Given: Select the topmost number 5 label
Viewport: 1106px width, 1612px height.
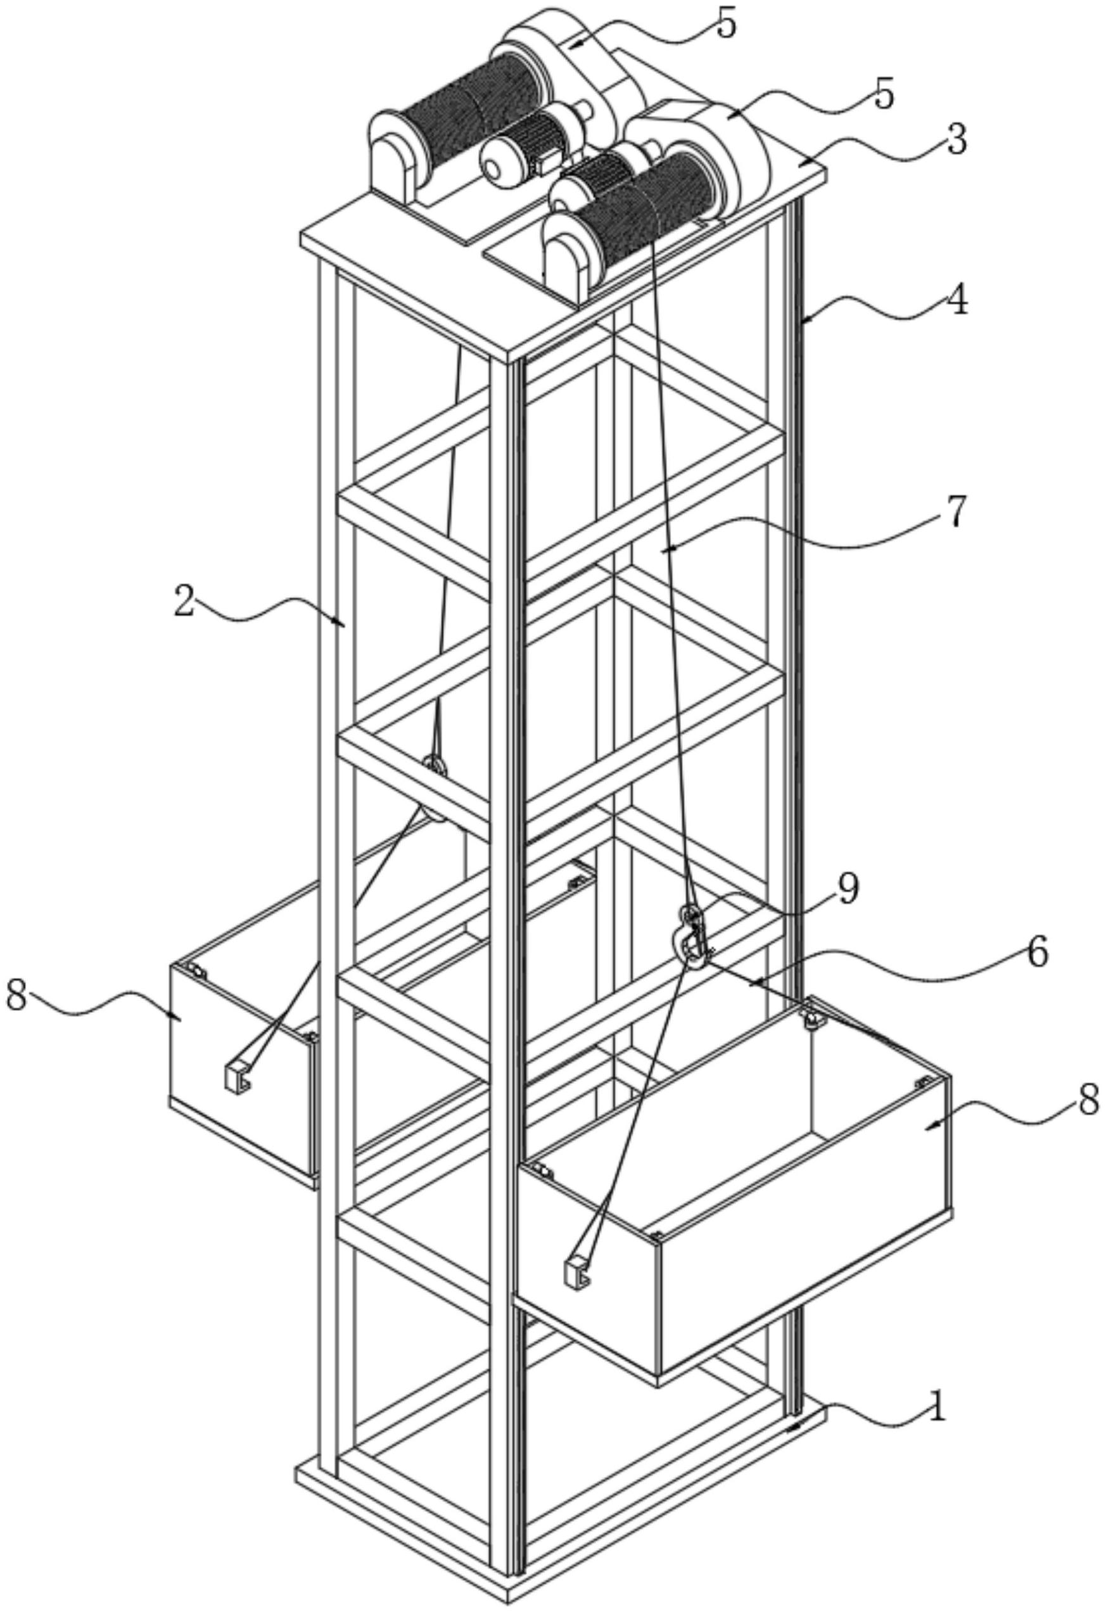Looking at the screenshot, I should tap(726, 25).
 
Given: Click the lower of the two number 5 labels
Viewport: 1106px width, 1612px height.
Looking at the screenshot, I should tap(883, 96).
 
